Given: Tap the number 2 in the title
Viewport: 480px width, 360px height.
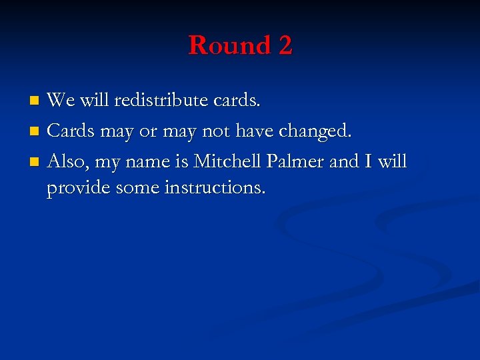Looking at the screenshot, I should tap(285, 46).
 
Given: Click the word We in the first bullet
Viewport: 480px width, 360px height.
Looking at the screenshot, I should tap(61, 101).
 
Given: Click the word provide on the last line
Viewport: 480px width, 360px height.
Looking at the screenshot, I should tap(79, 189).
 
